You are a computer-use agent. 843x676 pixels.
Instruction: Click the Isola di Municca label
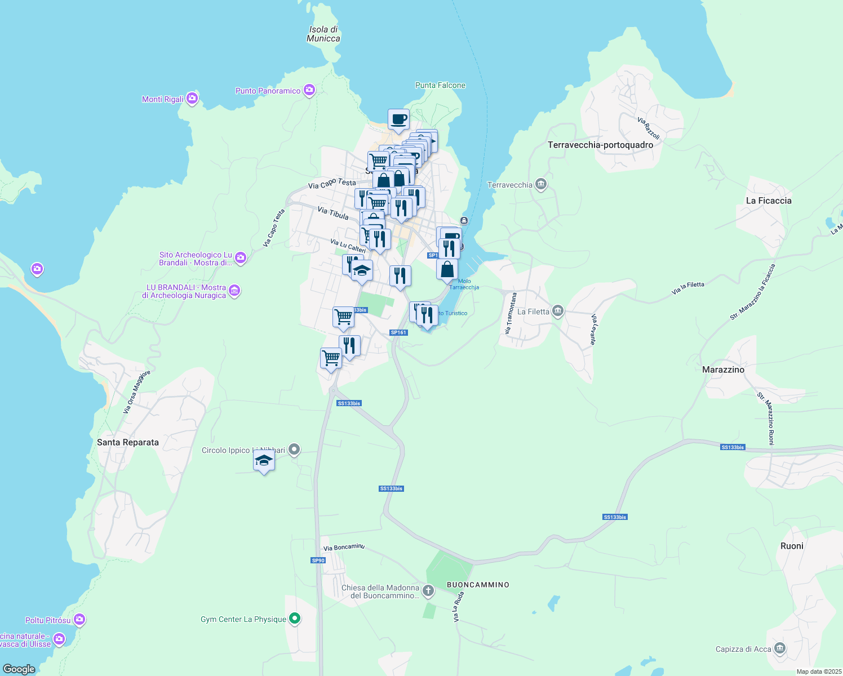point(323,34)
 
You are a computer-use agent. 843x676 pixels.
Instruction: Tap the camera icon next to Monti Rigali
point(192,99)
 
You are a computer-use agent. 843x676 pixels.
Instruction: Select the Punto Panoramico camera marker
point(309,90)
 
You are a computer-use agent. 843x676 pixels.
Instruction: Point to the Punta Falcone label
point(440,85)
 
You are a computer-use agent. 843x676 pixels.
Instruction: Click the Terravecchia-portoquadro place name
point(600,145)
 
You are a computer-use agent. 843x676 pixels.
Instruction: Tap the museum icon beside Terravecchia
point(541,184)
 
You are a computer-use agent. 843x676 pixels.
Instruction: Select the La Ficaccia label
point(769,201)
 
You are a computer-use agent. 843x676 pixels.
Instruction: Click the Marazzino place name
point(723,370)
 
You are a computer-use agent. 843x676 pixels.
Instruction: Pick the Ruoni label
point(792,546)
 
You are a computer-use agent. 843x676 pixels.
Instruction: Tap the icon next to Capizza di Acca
point(780,649)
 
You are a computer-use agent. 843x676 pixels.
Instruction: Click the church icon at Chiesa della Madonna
point(428,591)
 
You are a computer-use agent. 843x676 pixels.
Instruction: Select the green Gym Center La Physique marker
point(294,619)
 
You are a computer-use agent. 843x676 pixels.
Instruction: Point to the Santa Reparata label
point(128,442)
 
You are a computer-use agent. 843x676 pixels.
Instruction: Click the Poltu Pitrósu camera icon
point(79,620)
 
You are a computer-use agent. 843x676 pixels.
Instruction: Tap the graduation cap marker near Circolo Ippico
point(264,461)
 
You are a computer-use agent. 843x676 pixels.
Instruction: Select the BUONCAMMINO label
point(478,585)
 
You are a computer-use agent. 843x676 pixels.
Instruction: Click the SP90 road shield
point(318,560)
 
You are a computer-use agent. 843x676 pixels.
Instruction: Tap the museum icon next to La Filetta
point(558,311)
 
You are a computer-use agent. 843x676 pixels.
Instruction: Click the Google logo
point(19,669)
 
